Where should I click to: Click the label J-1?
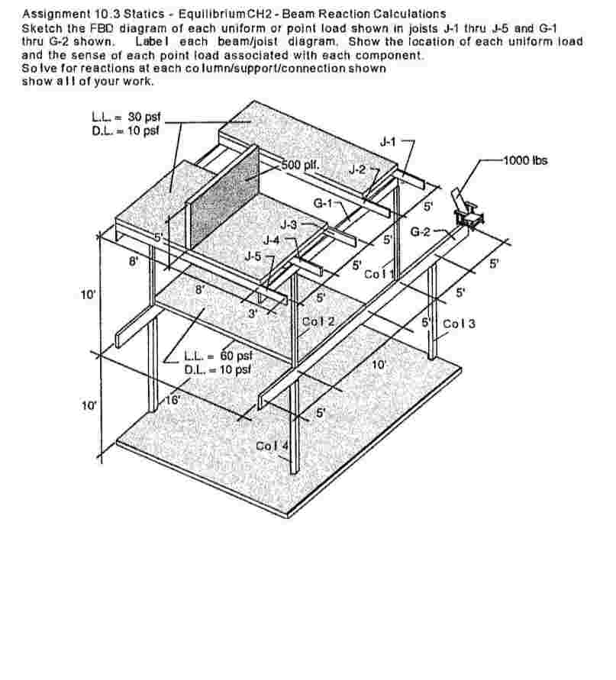[x=389, y=141]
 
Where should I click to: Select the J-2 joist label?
[x=357, y=169]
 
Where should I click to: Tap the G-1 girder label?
[x=324, y=203]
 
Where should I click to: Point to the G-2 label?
[x=421, y=231]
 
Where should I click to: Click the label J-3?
[x=289, y=224]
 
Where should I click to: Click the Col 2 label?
[x=318, y=321]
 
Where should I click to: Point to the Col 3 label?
[x=459, y=324]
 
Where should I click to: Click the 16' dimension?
[x=175, y=399]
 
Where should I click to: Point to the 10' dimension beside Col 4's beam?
[x=379, y=365]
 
